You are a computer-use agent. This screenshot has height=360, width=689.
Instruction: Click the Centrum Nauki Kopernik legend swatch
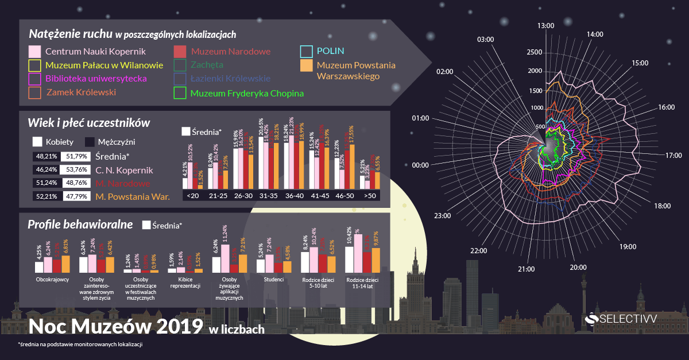pos(34,51)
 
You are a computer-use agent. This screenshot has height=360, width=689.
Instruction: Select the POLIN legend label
pos(330,51)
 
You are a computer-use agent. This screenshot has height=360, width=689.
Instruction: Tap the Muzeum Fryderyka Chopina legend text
pos(247,92)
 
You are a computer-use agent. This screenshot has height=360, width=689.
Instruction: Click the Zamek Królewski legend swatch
pos(34,92)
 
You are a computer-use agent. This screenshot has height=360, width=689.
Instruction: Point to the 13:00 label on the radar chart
pos(545,26)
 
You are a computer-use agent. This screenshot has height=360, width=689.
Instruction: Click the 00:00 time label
pos(420,165)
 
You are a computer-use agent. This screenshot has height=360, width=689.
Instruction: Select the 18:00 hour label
pos(663,206)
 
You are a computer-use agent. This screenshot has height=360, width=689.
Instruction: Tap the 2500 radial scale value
pos(535,53)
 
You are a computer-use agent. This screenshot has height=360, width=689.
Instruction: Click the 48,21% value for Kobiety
pos(46,156)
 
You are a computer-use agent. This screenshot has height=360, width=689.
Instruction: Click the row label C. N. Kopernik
pos(124,170)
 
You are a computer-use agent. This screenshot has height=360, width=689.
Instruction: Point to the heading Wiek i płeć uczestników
pos(89,122)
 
